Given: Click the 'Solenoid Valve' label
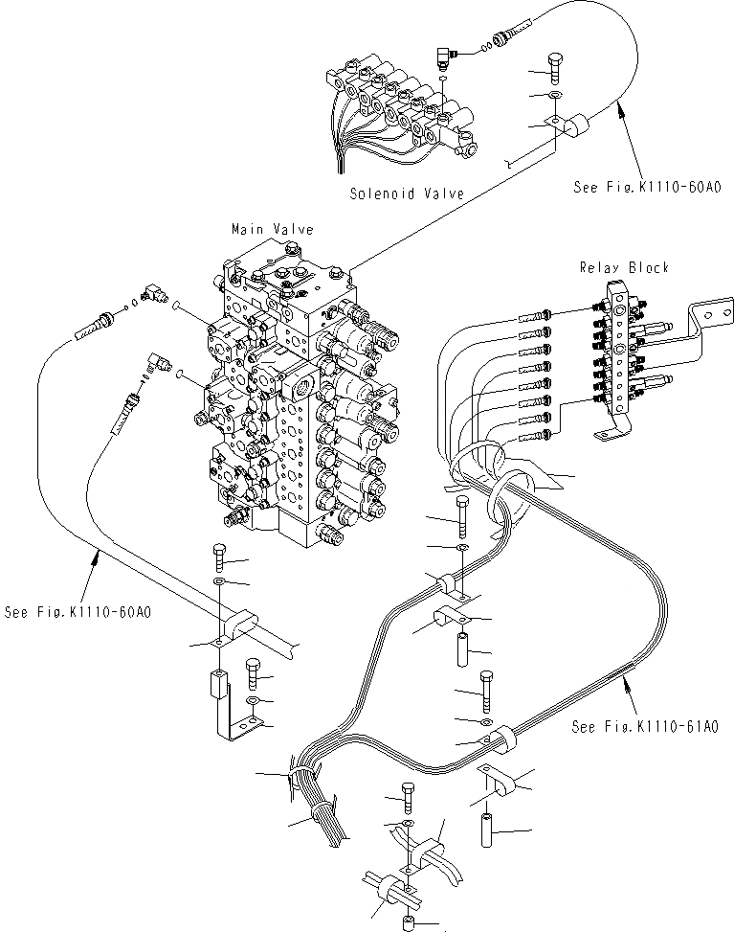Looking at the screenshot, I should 406,193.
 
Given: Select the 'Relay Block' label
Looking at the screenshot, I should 623,268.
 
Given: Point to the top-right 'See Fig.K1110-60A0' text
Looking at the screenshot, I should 634,188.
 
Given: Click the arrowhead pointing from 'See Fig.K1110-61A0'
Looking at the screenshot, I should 624,681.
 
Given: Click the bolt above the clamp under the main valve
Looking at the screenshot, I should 216,555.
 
